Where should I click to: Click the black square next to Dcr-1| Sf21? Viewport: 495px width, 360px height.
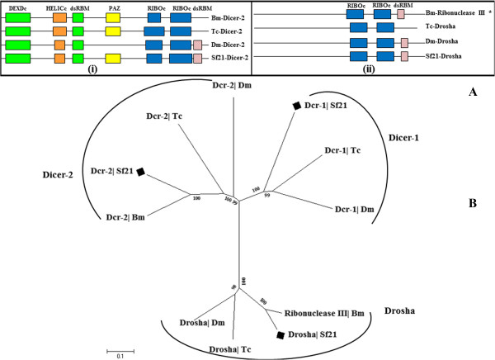click(295, 106)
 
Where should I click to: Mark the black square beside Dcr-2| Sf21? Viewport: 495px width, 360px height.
click(141, 171)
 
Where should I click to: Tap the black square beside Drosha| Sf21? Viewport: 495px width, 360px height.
click(282, 334)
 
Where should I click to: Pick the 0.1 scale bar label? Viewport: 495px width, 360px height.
click(119, 356)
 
